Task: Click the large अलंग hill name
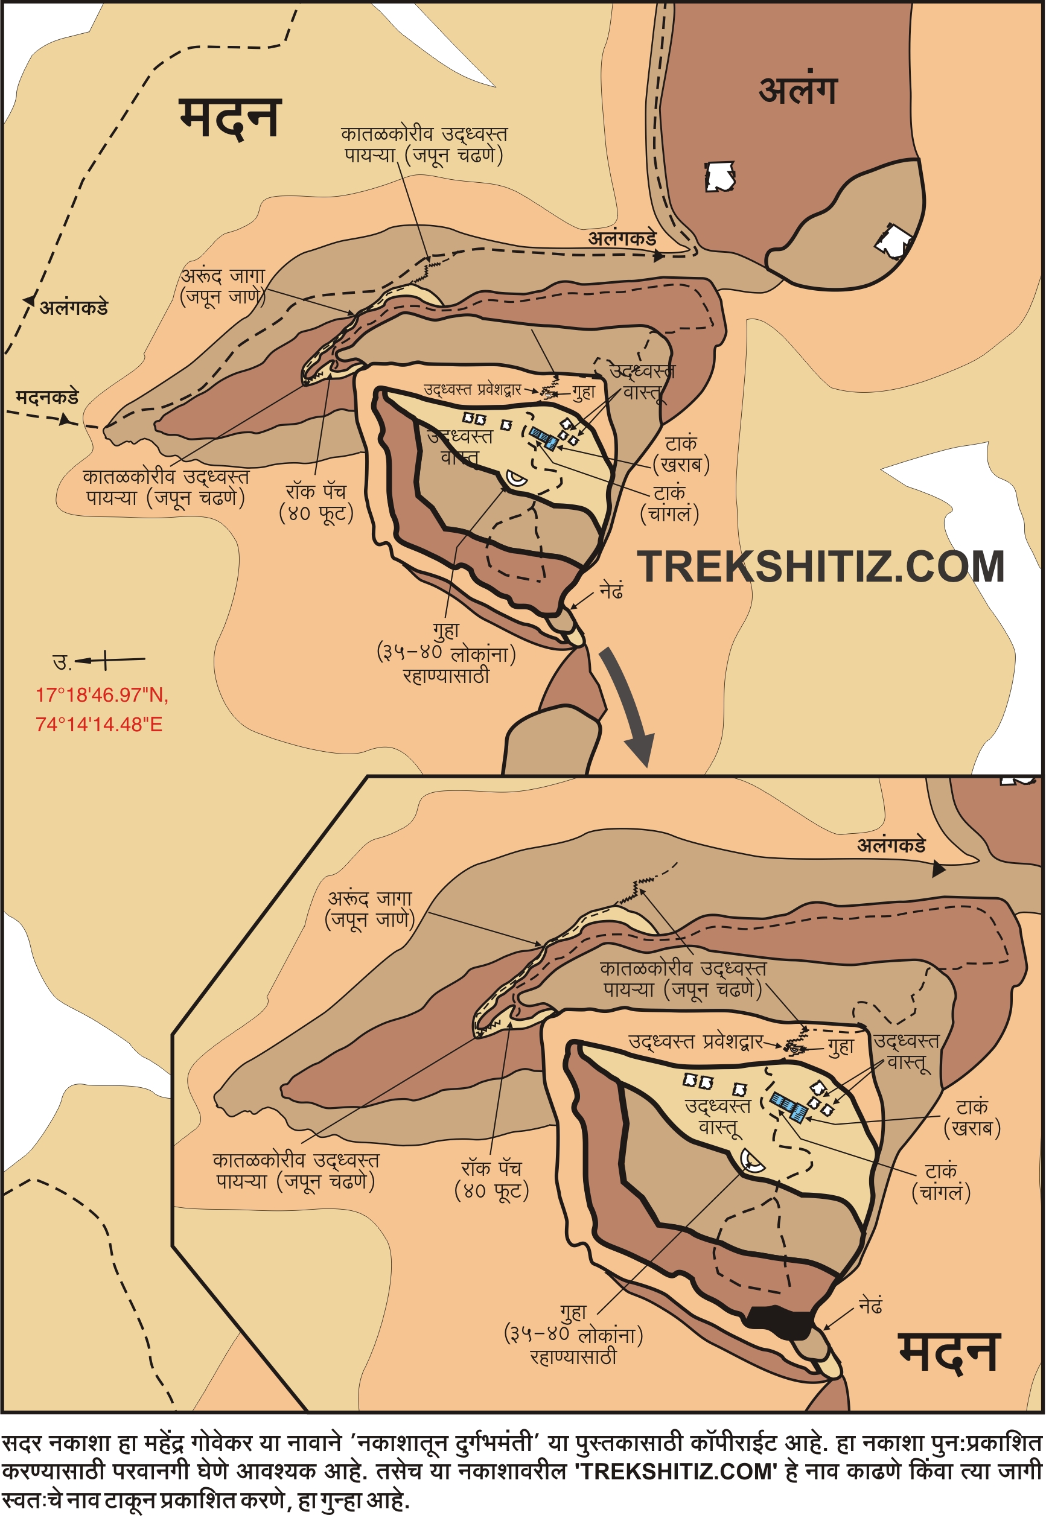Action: pos(798,90)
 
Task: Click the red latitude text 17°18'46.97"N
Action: pos(102,695)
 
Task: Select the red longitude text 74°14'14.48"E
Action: pos(98,725)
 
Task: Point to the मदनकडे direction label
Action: pos(46,398)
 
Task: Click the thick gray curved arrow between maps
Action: pos(630,707)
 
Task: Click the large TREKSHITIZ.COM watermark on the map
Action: pos(820,567)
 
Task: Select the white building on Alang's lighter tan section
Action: pos(894,241)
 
